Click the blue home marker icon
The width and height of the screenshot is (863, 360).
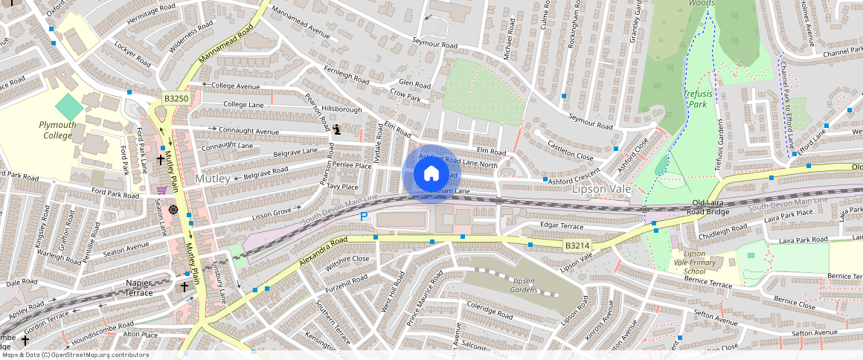tap(431, 174)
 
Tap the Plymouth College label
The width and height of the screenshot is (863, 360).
tap(57, 130)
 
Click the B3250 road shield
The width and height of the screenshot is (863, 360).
tap(176, 98)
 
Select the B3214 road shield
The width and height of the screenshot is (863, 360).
tap(577, 245)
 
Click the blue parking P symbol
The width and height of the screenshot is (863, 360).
tap(364, 216)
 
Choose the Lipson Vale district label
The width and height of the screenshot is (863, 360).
tap(601, 190)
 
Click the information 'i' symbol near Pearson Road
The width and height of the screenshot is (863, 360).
tap(337, 129)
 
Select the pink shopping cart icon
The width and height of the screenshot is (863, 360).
tap(161, 190)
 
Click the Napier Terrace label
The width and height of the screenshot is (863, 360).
tap(129, 288)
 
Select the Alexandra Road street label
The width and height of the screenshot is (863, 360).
tap(323, 253)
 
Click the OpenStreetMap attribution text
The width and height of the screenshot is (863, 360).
tap(65, 355)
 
